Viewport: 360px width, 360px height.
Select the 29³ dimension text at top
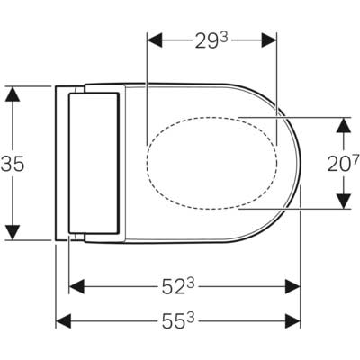211,40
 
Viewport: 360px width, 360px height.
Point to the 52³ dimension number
184,286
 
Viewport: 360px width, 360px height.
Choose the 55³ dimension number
179,319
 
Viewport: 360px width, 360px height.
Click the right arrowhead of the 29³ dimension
271,40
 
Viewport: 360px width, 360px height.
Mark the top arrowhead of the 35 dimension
13,93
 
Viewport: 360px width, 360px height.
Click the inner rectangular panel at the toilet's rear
93,161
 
